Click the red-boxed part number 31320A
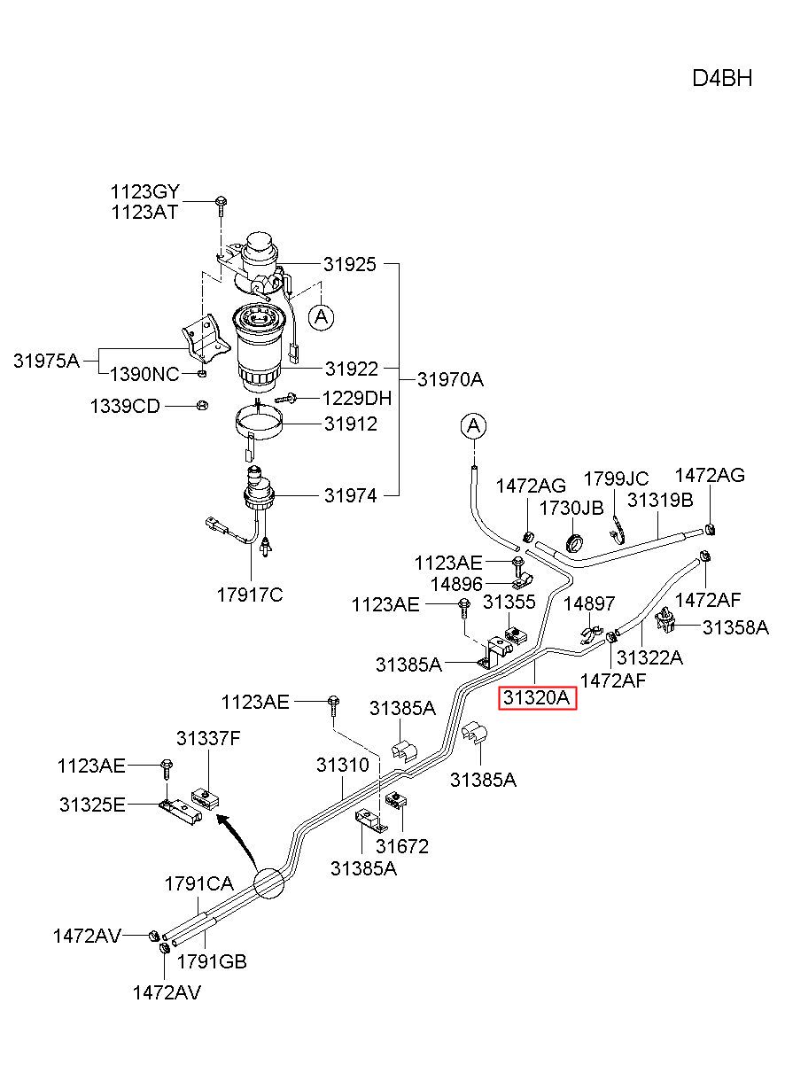(x=538, y=698)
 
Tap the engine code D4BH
(x=722, y=78)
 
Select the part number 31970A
(x=451, y=379)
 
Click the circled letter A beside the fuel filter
(x=321, y=316)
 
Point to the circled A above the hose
(x=473, y=425)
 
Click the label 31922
(x=352, y=369)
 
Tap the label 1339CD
(x=125, y=406)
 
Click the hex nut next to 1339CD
(x=202, y=405)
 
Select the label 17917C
(x=250, y=595)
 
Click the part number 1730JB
(x=571, y=509)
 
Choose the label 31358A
(x=735, y=627)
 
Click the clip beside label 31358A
(x=666, y=620)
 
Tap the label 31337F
(x=208, y=738)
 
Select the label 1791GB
(x=212, y=961)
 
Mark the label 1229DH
(x=357, y=398)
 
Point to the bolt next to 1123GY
(x=221, y=204)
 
